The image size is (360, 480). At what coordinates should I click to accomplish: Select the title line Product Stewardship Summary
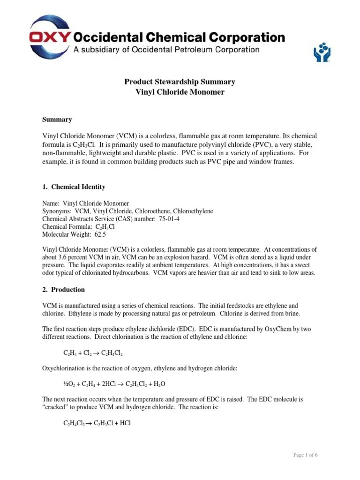click(180, 82)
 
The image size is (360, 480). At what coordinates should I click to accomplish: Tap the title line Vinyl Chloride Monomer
click(180, 92)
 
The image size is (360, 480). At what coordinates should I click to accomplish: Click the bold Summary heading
click(57, 120)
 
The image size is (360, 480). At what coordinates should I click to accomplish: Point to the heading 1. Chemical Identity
click(74, 187)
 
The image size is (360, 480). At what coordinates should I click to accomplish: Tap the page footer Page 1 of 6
click(305, 455)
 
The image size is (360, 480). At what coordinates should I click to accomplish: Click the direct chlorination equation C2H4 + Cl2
click(93, 352)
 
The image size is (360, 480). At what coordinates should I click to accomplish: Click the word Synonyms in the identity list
click(56, 211)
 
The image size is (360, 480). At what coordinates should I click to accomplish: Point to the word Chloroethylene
click(194, 211)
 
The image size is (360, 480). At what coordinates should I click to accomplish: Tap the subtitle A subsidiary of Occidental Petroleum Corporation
click(166, 49)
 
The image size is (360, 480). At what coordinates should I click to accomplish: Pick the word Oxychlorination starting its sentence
click(61, 368)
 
